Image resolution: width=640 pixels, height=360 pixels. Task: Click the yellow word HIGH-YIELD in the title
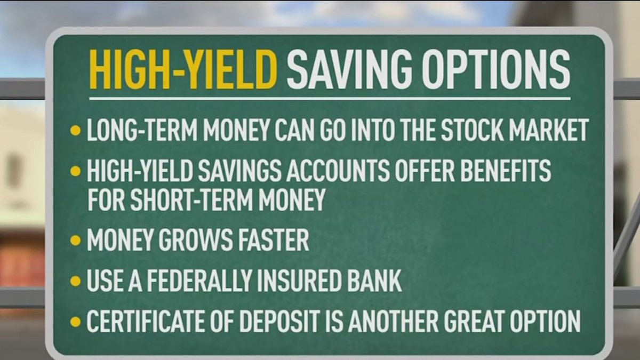pos(183,70)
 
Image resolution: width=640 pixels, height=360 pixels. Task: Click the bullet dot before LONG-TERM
pos(75,130)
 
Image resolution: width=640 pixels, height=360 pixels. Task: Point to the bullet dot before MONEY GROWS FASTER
pos(75,240)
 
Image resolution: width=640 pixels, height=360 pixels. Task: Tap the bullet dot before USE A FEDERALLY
pos(75,281)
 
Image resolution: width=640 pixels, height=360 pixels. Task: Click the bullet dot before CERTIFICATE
pos(75,322)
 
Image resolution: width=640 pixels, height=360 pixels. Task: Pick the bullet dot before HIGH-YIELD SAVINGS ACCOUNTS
pos(75,171)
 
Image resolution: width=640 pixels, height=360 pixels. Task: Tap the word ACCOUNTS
pos(338,171)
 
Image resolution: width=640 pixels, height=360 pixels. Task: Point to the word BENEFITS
pos(506,171)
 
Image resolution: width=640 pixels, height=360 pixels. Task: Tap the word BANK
pos(374,281)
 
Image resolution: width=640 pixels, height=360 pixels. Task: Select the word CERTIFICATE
pos(146,321)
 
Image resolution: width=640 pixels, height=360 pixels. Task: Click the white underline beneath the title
pos(330,99)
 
